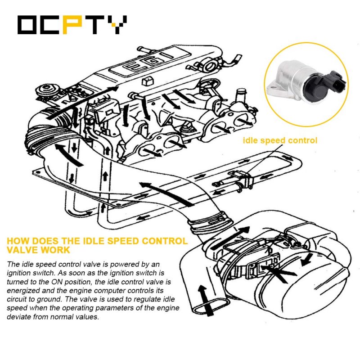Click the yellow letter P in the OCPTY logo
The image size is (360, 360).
pyautogui.click(x=72, y=25)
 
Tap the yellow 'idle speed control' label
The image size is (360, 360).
pyautogui.click(x=280, y=140)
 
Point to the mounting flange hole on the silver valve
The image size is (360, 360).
pyautogui.click(x=273, y=87)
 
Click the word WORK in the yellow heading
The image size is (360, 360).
pyautogui.click(x=56, y=250)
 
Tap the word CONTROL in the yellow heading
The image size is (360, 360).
pyautogui.click(x=165, y=241)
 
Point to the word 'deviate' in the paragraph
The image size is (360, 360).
pyautogui.click(x=19, y=317)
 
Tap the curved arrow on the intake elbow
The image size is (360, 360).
pyautogui.click(x=69, y=154)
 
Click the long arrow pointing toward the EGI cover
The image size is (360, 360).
pyautogui.click(x=83, y=102)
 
